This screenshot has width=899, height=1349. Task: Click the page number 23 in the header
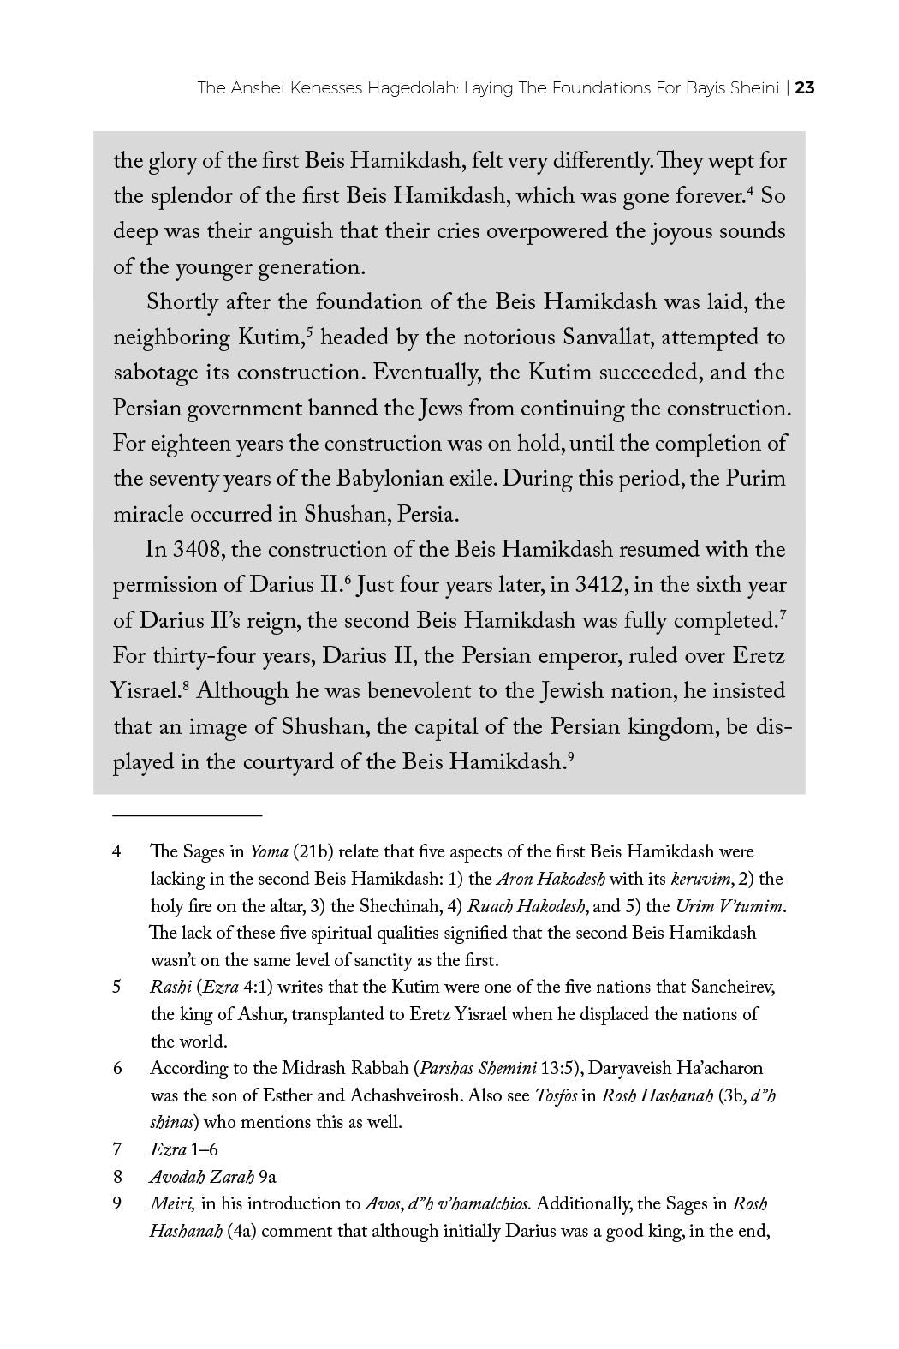pyautogui.click(x=804, y=87)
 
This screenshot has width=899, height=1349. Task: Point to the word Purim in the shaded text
pyautogui.click(x=755, y=479)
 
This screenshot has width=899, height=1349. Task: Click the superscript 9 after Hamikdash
pyautogui.click(x=569, y=756)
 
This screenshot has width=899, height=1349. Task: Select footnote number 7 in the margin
pyautogui.click(x=116, y=1149)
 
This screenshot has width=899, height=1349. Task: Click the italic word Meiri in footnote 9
pyautogui.click(x=172, y=1203)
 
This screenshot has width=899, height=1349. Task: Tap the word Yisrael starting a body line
pyautogui.click(x=144, y=691)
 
